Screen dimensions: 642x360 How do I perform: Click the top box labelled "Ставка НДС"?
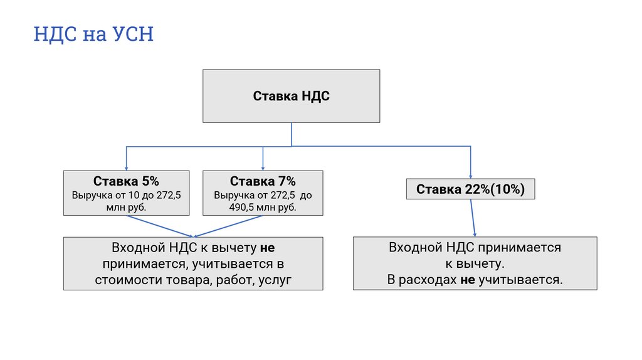pos(291,96)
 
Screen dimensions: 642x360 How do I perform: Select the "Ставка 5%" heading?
pos(126,181)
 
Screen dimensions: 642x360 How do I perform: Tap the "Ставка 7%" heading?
pos(263,181)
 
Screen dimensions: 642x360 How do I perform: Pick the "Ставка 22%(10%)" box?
pos(470,189)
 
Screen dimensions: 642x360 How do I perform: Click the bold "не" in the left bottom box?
pos(268,247)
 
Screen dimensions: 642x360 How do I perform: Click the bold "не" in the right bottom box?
pos(468,280)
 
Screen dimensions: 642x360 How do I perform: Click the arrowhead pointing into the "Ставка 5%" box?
pos(126,167)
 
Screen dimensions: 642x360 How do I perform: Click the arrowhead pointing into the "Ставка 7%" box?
pos(263,167)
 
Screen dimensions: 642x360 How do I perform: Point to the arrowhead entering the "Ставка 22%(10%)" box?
pos(470,177)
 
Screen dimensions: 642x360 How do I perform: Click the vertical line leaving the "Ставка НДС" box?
pos(291,134)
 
